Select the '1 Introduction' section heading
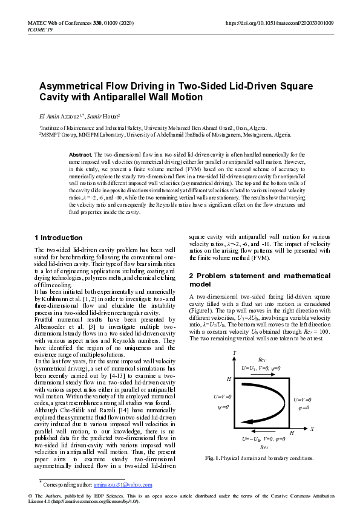(x=59, y=238)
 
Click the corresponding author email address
(x=127, y=485)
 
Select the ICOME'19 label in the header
(x=40, y=29)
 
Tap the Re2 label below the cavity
(x=264, y=447)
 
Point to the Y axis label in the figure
(x=234, y=352)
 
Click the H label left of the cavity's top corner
(x=229, y=378)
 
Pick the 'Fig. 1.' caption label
(x=213, y=458)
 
